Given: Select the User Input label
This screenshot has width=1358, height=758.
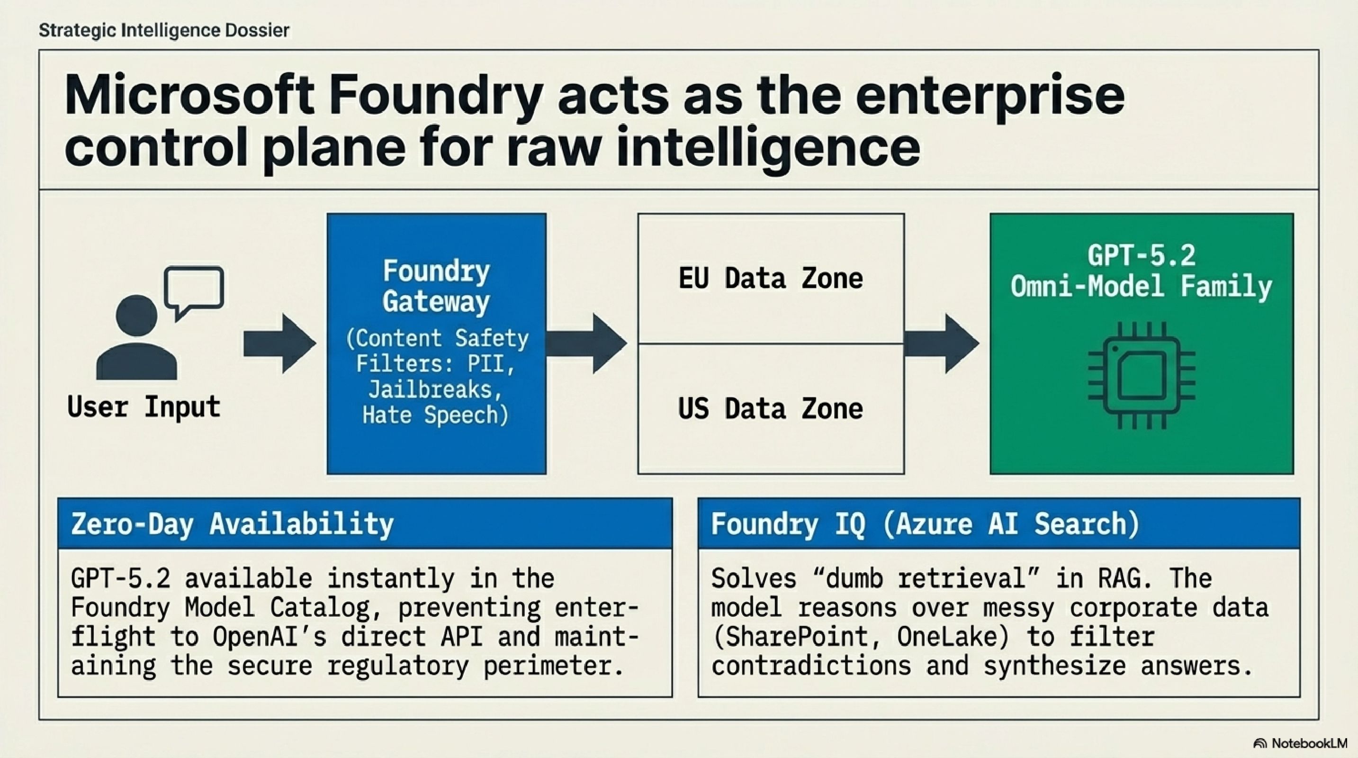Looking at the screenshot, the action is point(144,407).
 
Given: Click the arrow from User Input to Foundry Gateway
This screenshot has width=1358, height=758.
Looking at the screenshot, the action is point(279,343).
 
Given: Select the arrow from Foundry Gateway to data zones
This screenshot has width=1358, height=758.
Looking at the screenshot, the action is point(586,343).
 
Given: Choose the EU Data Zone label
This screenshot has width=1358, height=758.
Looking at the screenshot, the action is point(770,278).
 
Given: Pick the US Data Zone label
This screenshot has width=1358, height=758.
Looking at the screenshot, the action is point(770,409).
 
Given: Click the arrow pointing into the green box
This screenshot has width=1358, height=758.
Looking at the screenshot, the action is point(942,343).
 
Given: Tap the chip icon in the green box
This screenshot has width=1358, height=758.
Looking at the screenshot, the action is point(1142,375).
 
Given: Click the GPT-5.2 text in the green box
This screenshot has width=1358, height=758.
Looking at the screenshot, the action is point(1142,256).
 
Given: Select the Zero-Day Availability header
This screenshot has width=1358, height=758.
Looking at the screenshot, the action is point(233,524).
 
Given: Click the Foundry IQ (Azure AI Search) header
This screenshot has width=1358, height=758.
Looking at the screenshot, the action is point(925,524).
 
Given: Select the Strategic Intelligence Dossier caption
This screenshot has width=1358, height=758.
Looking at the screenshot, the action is point(164,30).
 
